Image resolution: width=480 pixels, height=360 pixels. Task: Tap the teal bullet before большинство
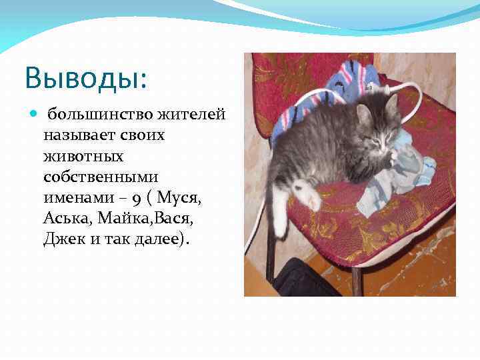pyautogui.click(x=34, y=114)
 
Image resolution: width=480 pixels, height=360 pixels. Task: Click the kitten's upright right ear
pyautogui.click(x=391, y=103)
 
